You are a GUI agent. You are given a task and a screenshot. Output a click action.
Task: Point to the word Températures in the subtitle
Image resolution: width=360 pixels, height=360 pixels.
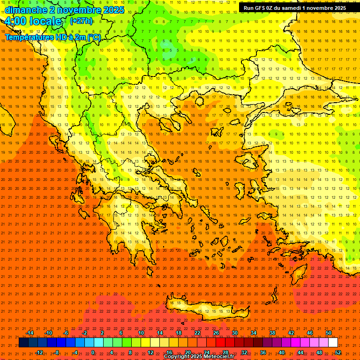[x=26, y=37]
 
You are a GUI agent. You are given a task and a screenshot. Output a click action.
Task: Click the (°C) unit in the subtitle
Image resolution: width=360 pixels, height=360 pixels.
[x=94, y=37]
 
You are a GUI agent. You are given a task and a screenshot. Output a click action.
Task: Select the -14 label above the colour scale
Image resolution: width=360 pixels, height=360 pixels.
[x=30, y=333]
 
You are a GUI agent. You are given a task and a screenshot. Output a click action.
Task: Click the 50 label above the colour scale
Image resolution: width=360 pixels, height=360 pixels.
[x=329, y=333]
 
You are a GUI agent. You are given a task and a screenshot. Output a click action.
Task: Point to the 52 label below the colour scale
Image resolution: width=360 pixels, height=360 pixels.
[x=338, y=352]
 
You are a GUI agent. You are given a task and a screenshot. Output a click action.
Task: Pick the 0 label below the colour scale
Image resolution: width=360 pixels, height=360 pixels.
[x=93, y=352]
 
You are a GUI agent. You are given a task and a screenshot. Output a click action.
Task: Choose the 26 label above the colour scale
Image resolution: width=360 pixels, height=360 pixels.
[x=216, y=333]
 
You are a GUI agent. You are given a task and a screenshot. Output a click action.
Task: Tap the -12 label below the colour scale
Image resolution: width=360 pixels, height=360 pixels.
[x=39, y=352]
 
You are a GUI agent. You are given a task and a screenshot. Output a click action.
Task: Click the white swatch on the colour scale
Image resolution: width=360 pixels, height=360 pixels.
[x=333, y=343]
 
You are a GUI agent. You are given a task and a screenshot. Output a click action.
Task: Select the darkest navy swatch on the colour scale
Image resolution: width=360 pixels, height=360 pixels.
[x=23, y=343]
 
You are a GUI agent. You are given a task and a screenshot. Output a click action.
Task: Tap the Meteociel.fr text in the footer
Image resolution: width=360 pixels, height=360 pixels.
[x=219, y=357]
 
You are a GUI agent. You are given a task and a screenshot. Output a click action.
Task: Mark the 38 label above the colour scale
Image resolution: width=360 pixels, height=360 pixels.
[x=272, y=333]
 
